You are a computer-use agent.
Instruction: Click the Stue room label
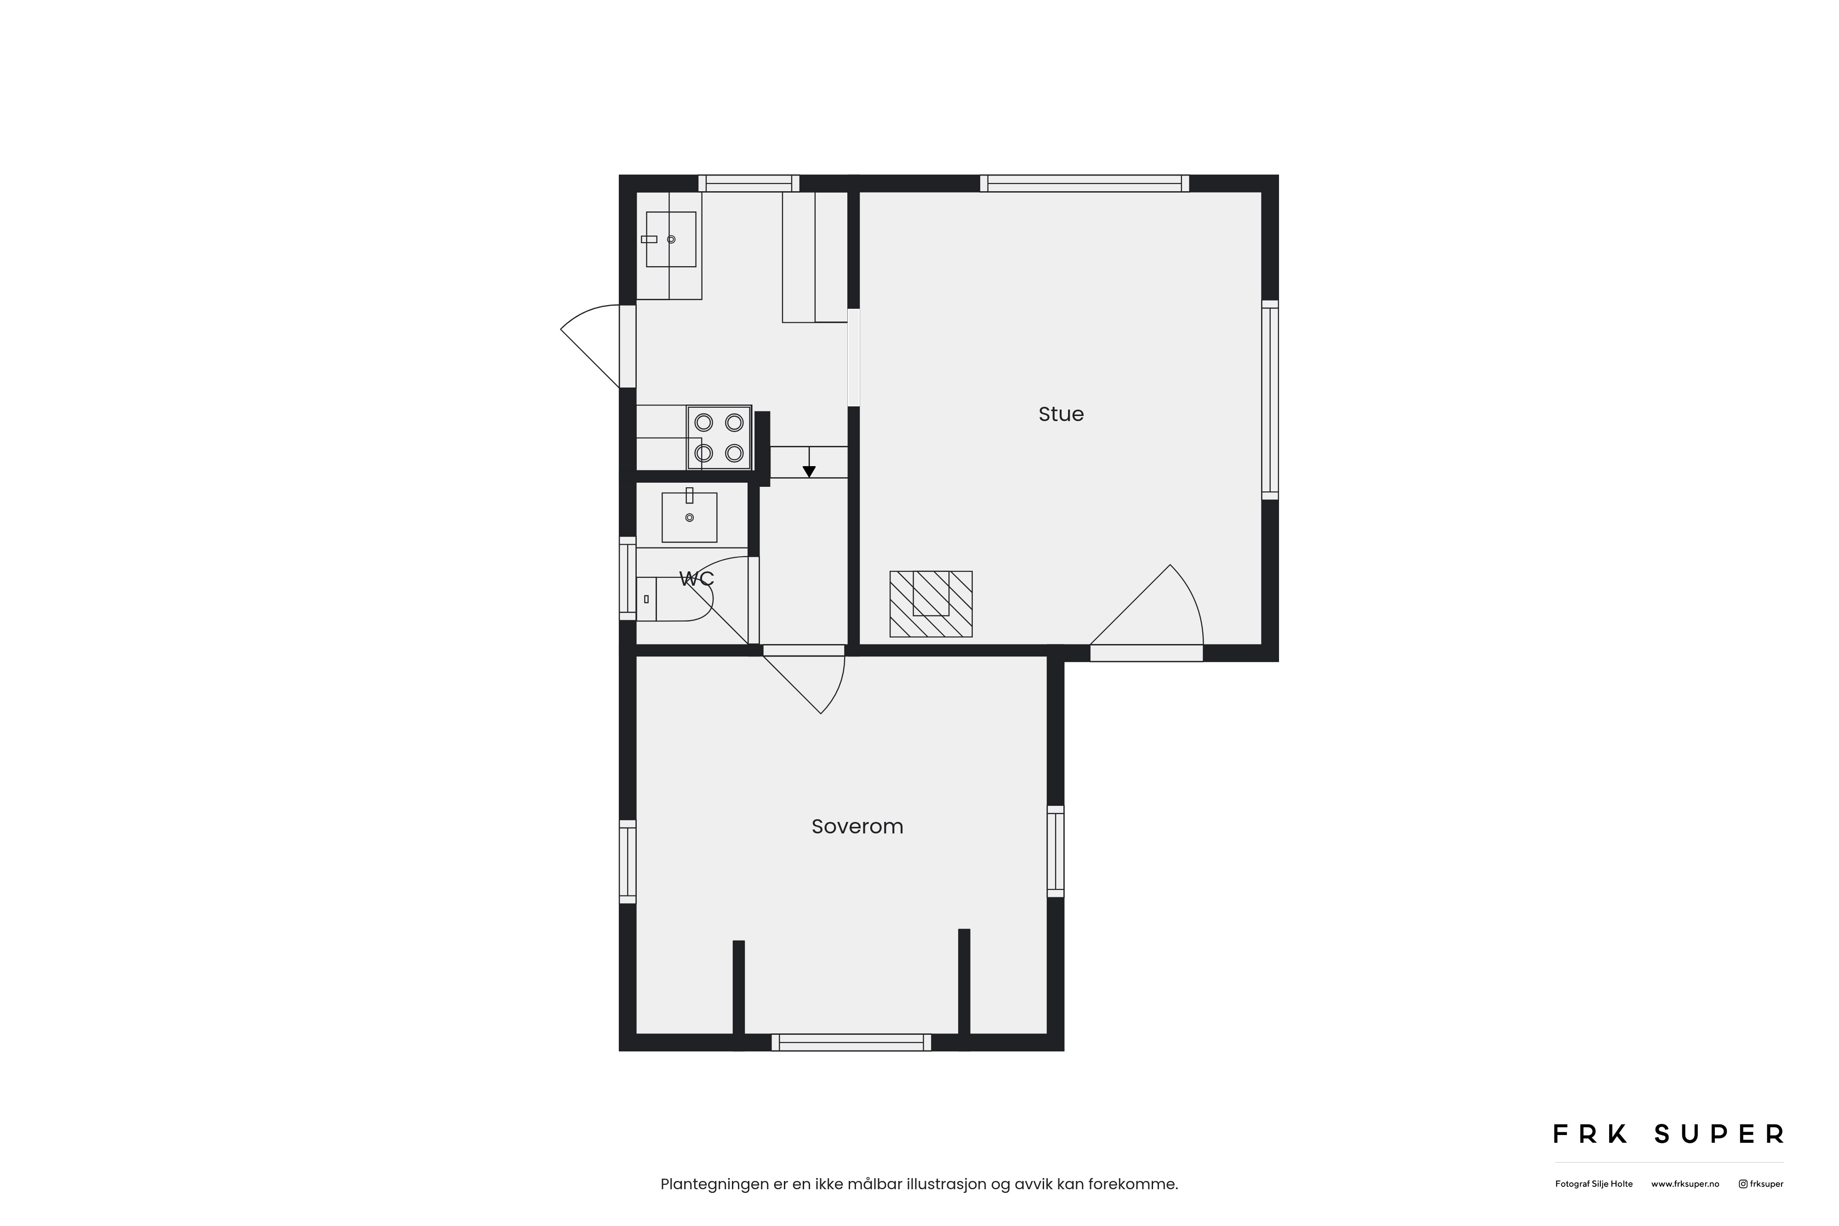(1061, 414)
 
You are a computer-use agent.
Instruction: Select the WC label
(697, 579)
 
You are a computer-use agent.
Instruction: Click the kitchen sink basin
(671, 239)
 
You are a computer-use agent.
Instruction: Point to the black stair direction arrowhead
(809, 472)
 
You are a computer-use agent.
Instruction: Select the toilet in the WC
(673, 599)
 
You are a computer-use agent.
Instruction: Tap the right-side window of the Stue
(1271, 400)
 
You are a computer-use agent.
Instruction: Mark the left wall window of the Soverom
(627, 861)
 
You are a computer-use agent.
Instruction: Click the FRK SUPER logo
(1668, 1134)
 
